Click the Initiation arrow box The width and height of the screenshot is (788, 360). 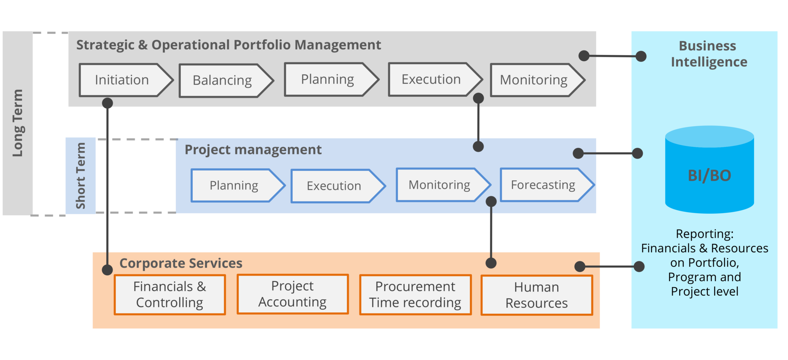point(122,80)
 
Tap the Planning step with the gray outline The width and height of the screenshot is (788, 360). point(327,79)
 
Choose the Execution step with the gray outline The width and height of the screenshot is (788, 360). point(431,79)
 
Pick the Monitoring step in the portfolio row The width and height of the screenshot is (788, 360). point(534,80)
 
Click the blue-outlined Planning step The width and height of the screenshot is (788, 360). point(234,186)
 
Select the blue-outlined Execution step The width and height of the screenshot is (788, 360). point(334,186)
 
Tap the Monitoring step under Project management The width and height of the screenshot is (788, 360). point(439,185)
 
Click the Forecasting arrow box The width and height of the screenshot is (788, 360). point(543,185)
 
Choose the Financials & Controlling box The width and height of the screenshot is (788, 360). point(170,295)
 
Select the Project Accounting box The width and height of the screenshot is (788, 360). point(292,294)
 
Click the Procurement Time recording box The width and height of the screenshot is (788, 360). point(415,295)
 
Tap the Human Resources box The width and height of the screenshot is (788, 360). point(536,295)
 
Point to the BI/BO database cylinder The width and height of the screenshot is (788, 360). point(709,171)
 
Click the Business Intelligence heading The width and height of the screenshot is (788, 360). point(708,54)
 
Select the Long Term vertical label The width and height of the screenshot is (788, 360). point(18,123)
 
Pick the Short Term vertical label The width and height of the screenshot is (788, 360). point(80,176)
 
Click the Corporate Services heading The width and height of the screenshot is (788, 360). point(181,263)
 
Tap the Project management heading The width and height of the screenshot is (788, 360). point(253,150)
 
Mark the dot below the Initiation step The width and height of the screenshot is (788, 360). point(107,103)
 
